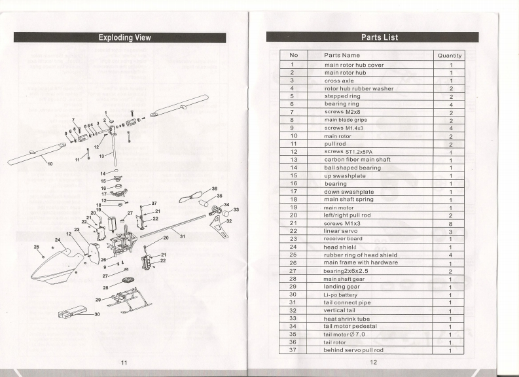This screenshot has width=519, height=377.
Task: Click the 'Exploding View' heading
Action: [124, 37]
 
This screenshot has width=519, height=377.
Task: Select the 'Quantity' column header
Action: [450, 56]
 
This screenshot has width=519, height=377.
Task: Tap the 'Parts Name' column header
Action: [342, 56]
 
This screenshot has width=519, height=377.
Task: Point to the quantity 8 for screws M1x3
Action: [450, 223]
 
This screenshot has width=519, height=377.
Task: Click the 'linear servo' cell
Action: [343, 231]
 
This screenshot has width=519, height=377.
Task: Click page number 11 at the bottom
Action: [123, 362]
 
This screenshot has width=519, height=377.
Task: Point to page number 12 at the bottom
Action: [374, 362]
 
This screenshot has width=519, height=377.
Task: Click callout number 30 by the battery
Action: [98, 314]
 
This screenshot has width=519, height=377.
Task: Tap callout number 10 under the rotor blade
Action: [50, 164]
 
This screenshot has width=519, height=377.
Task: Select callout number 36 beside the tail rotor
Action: [214, 188]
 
